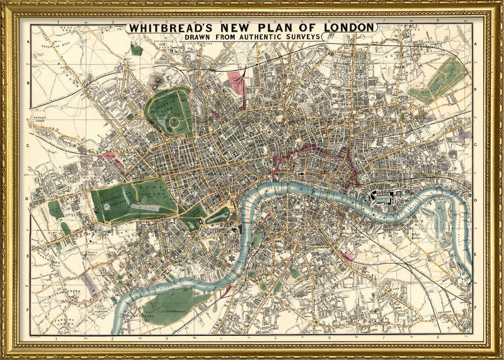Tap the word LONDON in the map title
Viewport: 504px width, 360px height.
pos(348,28)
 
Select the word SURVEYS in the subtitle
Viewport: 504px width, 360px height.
pos(299,37)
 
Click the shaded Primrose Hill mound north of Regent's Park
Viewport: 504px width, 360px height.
pos(156,79)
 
